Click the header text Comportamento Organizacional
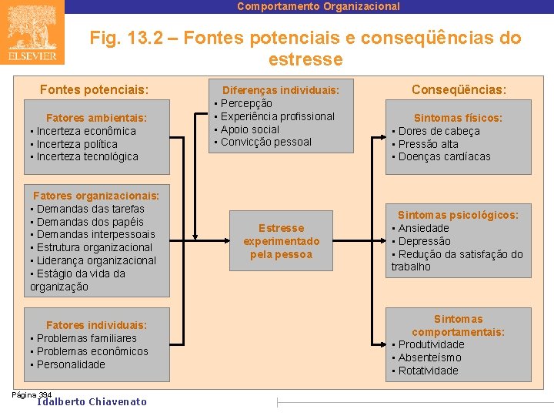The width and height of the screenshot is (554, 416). [x=319, y=6]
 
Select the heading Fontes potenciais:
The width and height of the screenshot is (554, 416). [x=94, y=90]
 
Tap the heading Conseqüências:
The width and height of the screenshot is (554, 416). [x=459, y=90]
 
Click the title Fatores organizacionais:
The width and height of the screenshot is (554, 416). [x=96, y=196]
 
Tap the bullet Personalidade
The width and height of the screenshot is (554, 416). [x=71, y=364]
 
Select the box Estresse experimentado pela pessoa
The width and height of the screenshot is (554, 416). [x=281, y=241]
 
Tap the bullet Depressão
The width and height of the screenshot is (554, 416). [x=424, y=241]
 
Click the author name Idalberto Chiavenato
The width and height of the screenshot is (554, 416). [x=92, y=401]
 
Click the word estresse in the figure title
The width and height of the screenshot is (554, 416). [x=305, y=59]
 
